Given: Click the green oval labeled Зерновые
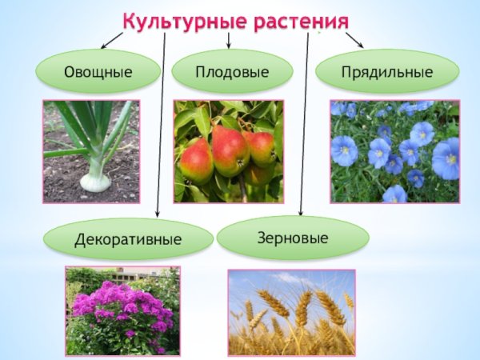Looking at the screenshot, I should [293, 237].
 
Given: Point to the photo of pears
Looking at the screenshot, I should [228, 150].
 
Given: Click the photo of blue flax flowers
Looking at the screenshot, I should [395, 150].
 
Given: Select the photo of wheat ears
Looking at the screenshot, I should [291, 312].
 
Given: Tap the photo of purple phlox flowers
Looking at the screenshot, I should [122, 310].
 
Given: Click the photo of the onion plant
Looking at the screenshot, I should [90, 150].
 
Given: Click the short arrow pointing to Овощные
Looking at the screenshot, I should [112, 40].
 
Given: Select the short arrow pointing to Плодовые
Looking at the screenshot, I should [230, 41].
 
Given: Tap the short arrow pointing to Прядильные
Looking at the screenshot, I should [354, 40].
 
